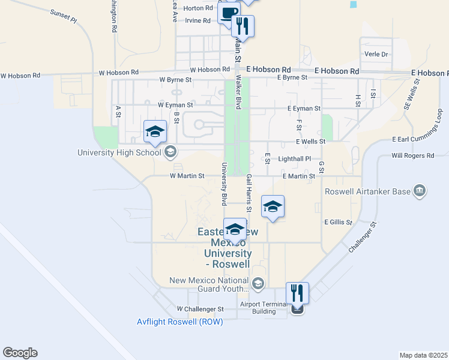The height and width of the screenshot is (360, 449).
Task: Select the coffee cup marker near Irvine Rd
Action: pos(229,13)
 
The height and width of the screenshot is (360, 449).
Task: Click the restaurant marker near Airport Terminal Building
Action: pos(297,294)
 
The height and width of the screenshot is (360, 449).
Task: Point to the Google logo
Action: pos(20,353)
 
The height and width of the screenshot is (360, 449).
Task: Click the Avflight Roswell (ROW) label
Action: pos(180,322)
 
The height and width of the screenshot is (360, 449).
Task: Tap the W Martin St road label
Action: pos(187,176)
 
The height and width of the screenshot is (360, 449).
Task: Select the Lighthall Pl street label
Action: pos(295,159)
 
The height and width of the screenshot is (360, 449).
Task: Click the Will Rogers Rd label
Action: pos(412,155)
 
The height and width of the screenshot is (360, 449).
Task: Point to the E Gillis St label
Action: pos(338,222)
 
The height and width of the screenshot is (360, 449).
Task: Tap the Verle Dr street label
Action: pos(376,54)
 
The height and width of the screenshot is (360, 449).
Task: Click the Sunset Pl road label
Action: pos(64,16)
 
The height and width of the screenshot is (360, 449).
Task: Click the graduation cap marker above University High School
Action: pos(154,132)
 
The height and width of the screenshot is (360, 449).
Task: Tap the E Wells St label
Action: pos(310,142)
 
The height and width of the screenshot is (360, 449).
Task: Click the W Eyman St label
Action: pos(175,104)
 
